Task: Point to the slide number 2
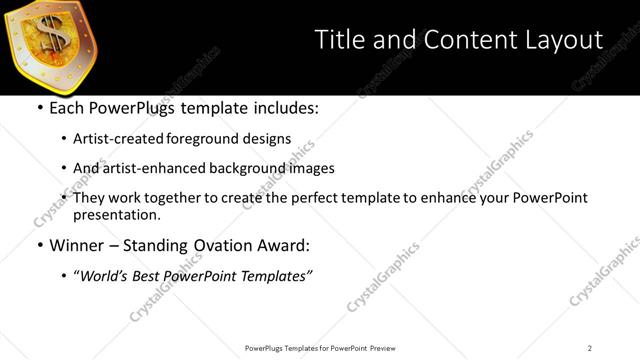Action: [x=590, y=348]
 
